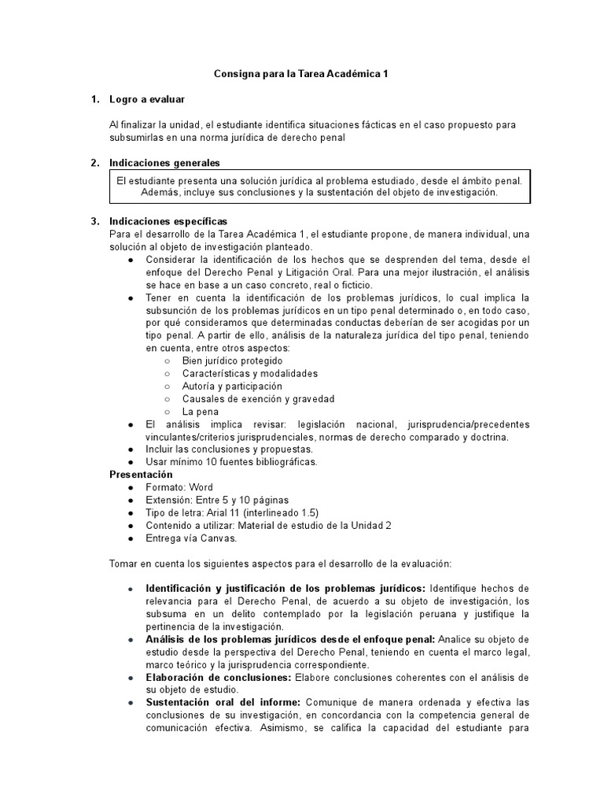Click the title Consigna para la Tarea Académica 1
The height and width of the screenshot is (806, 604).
pos(302,74)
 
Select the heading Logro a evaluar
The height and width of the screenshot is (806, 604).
pos(147,99)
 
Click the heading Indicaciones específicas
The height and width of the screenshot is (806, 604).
pos(168,221)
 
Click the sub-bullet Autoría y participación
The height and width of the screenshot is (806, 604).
pos(231,386)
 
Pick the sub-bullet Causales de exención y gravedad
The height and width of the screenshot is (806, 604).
pos(258,399)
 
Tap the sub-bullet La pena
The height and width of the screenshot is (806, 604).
pos(200,412)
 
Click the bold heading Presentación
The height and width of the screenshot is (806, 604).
pos(141,475)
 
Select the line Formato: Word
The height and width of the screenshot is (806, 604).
pos(179,487)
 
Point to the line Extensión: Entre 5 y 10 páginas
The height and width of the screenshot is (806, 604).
pos(217,500)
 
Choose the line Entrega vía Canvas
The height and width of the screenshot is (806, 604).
pos(190,538)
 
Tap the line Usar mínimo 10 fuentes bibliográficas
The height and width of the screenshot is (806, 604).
pos(231,462)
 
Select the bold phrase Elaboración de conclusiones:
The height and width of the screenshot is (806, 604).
pos(218,678)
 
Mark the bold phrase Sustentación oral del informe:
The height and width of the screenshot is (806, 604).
pos(225,703)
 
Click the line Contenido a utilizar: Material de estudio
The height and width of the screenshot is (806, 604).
pos(257,526)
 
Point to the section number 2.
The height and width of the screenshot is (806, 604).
pos(94,163)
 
